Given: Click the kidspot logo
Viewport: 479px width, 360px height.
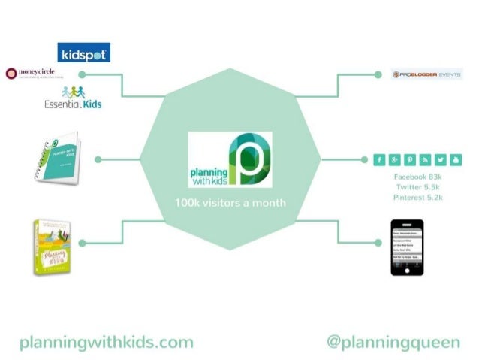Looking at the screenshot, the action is coord(84,53).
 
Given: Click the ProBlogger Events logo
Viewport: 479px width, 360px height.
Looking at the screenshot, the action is coord(426,74).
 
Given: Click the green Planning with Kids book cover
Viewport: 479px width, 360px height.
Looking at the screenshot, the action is coord(51,247).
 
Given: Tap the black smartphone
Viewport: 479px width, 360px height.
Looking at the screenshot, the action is coord(407,247).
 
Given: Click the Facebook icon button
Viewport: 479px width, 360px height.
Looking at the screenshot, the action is coord(380,159).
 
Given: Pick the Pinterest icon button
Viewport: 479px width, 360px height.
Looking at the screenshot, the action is coord(411,159).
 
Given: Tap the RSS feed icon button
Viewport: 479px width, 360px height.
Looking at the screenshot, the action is coord(426,159).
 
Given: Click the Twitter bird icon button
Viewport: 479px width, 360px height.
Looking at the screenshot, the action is coord(441,159).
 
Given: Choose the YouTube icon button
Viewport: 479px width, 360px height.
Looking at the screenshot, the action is coord(456,159).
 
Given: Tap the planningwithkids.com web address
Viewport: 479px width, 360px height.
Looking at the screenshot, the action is coord(106,343).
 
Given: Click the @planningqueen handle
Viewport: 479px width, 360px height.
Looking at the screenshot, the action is coord(393,343).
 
